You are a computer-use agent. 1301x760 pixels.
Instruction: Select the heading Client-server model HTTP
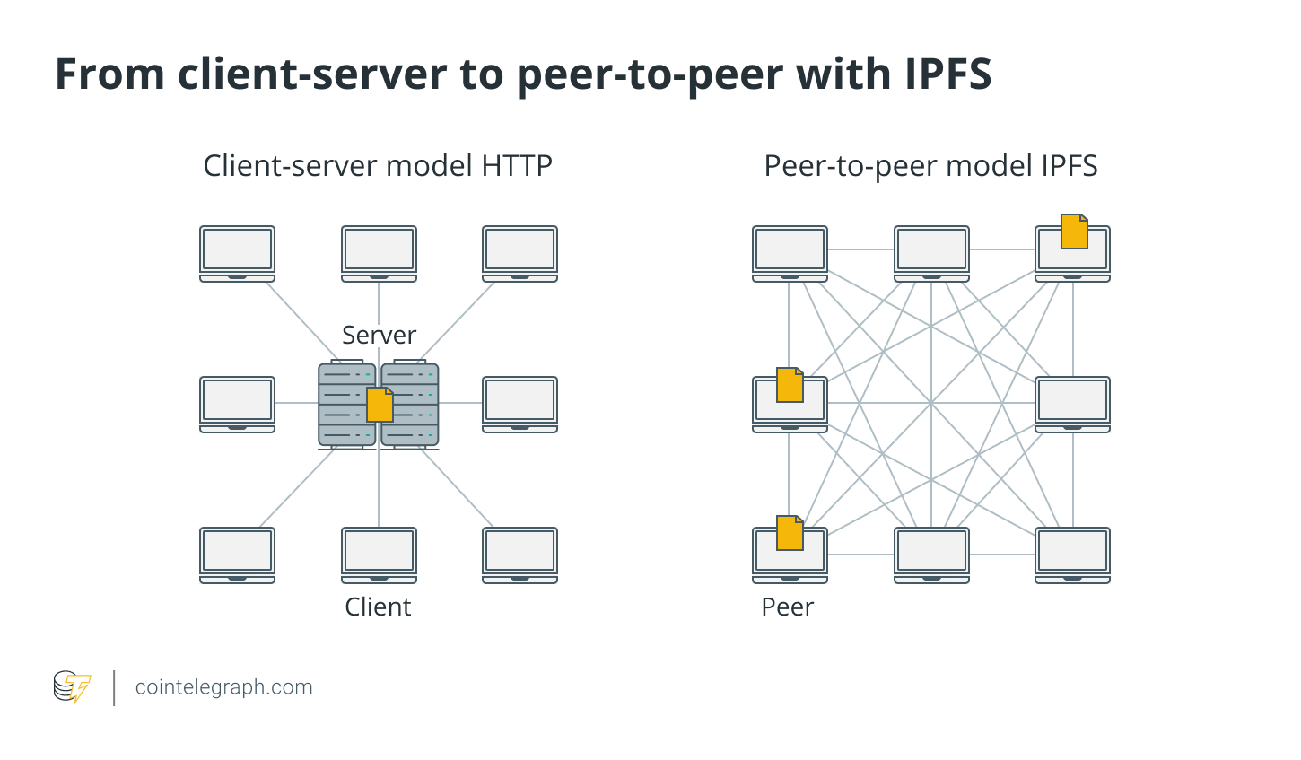[378, 166]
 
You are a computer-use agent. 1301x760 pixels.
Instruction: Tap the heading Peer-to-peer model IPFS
[930, 166]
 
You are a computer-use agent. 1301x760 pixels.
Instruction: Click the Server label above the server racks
[379, 335]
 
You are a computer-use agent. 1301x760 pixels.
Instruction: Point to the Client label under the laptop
[378, 607]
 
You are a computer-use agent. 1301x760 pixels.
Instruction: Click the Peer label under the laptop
[787, 607]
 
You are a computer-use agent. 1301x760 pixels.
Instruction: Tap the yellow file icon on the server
[380, 405]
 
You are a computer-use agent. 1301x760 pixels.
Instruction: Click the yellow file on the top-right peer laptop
[1074, 231]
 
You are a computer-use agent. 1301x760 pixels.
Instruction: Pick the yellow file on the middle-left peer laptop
[790, 385]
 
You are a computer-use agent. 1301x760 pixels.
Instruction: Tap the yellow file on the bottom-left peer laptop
[790, 533]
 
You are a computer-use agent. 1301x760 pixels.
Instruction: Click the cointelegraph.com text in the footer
[223, 687]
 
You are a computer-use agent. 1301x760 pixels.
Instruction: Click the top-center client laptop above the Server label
[379, 252]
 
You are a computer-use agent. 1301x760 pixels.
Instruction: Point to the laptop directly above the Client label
[379, 554]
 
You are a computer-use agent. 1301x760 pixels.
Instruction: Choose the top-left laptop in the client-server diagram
[237, 252]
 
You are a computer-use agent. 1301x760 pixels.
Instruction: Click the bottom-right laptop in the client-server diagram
[520, 554]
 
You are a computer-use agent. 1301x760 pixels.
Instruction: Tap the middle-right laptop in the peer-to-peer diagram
[1072, 403]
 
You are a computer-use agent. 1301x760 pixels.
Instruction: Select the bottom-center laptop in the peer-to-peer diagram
[931, 554]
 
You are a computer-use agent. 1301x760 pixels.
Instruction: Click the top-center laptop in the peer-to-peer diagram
[931, 252]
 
